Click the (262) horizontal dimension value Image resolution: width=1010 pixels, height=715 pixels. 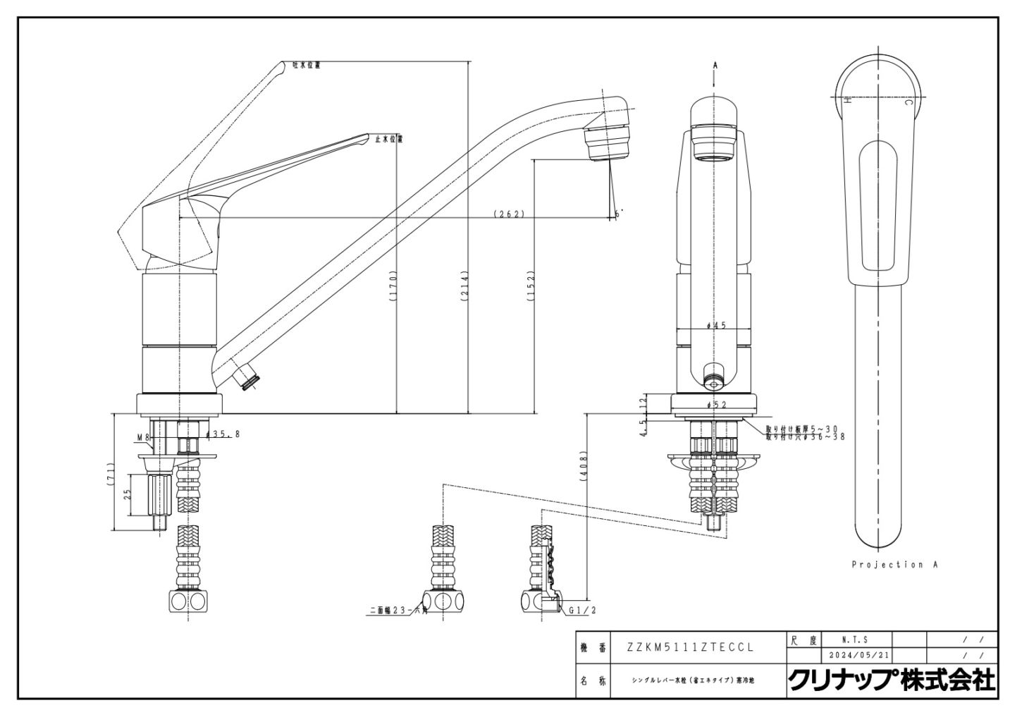tap(510, 214)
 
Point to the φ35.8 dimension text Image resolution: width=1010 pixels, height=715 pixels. tap(223, 434)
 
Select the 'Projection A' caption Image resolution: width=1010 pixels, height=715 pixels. tap(894, 565)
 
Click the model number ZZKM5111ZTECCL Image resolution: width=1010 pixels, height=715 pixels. tap(691, 647)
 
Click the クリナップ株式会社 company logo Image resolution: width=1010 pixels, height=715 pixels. tap(891, 680)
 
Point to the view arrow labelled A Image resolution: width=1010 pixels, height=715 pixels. tap(715, 66)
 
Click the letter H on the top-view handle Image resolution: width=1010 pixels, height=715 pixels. tap(849, 100)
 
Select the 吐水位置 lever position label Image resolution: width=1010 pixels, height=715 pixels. tap(307, 65)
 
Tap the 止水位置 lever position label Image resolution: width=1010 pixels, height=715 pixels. tap(388, 139)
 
